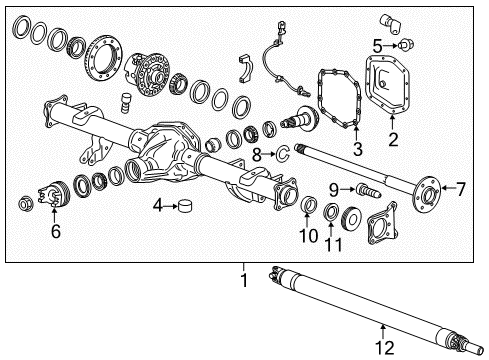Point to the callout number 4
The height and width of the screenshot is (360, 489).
point(158,206)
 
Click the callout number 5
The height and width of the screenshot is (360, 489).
point(378,45)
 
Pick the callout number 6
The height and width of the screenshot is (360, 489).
point(56,230)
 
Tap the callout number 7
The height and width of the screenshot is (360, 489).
point(461,187)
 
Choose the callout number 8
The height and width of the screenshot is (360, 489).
point(257,154)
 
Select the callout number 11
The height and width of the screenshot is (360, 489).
point(332,243)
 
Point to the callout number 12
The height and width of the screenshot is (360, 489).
point(380,348)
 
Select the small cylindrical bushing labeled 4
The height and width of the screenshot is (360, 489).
point(185,206)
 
